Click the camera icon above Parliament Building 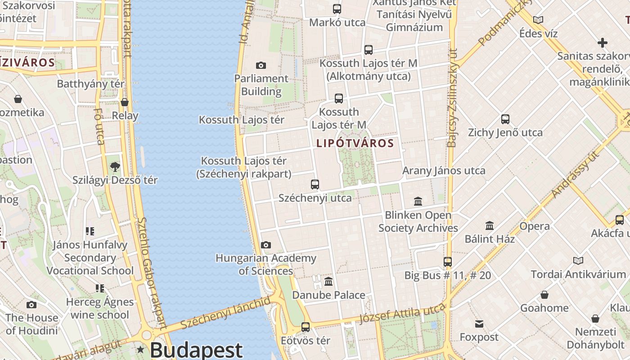coord(261,66)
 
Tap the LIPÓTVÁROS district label coord(355,144)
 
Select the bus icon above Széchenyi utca coord(315,184)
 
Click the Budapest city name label coord(196,350)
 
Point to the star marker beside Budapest coord(141,350)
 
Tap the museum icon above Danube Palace coord(328,282)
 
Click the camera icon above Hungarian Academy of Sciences coord(266,245)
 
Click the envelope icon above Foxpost coord(479,324)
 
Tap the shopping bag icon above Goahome coord(544,295)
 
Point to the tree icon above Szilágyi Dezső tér coord(115,167)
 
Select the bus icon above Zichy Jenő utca coord(505,119)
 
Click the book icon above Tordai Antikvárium coord(578,261)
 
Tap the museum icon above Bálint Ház coord(490,225)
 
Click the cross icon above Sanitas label coord(602,43)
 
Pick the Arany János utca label coord(444,171)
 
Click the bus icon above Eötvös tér coord(306,327)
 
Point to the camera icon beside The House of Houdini coord(31,305)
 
